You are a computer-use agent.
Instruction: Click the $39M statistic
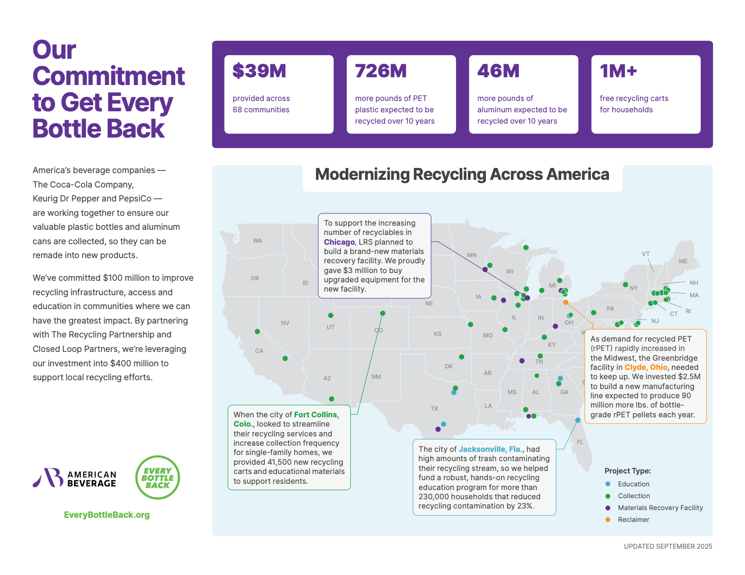tap(259, 71)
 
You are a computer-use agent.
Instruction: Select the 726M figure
tap(381, 71)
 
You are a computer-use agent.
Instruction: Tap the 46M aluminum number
tap(498, 71)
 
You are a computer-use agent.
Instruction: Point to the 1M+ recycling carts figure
tap(618, 71)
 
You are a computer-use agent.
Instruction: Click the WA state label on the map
tap(258, 241)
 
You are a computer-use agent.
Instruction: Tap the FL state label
tap(580, 442)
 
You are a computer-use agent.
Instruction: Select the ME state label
tap(683, 261)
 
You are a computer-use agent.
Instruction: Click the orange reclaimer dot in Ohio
tap(566, 302)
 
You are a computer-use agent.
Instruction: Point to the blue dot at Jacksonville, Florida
tap(578, 420)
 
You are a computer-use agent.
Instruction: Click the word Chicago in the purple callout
tap(339, 242)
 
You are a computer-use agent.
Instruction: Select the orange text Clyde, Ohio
tap(646, 367)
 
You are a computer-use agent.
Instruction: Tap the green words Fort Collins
tap(315, 415)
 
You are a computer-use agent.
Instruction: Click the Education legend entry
tap(633, 484)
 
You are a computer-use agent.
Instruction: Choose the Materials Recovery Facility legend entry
tap(660, 508)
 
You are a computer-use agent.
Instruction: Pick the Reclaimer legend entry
tap(633, 520)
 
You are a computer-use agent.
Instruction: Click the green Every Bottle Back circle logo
tap(158, 478)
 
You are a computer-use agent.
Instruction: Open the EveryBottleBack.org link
tap(107, 515)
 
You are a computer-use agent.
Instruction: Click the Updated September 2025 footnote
tap(668, 546)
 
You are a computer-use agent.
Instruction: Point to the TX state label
tap(434, 409)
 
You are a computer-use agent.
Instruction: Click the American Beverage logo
tap(75, 478)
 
